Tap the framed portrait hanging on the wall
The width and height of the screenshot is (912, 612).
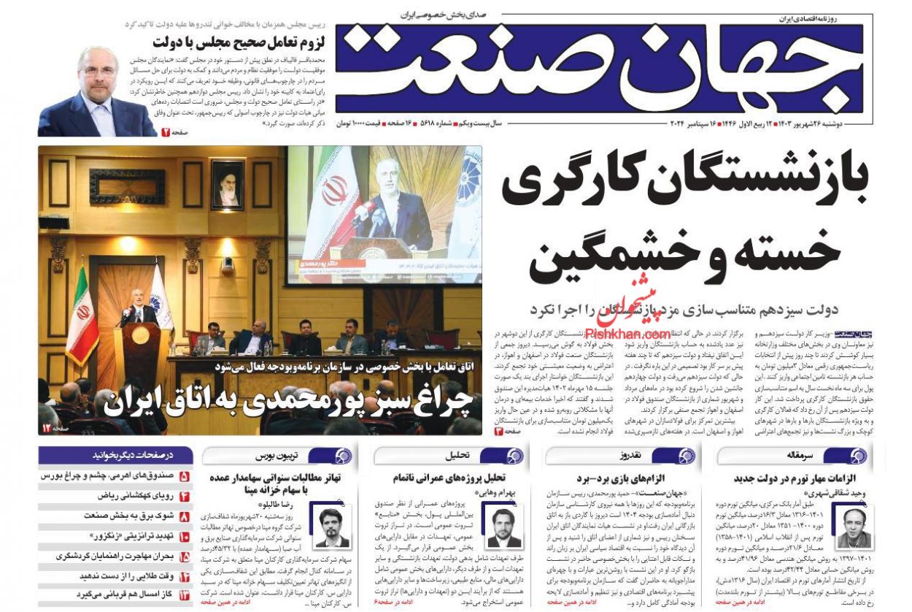pos(227,185)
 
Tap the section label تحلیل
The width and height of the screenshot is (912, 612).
pos(457,456)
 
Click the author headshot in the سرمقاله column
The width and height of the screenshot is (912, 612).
pos(854,527)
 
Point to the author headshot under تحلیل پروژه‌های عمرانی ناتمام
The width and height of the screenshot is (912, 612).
pos(504,527)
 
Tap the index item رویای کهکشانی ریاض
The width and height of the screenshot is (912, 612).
pos(125,496)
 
